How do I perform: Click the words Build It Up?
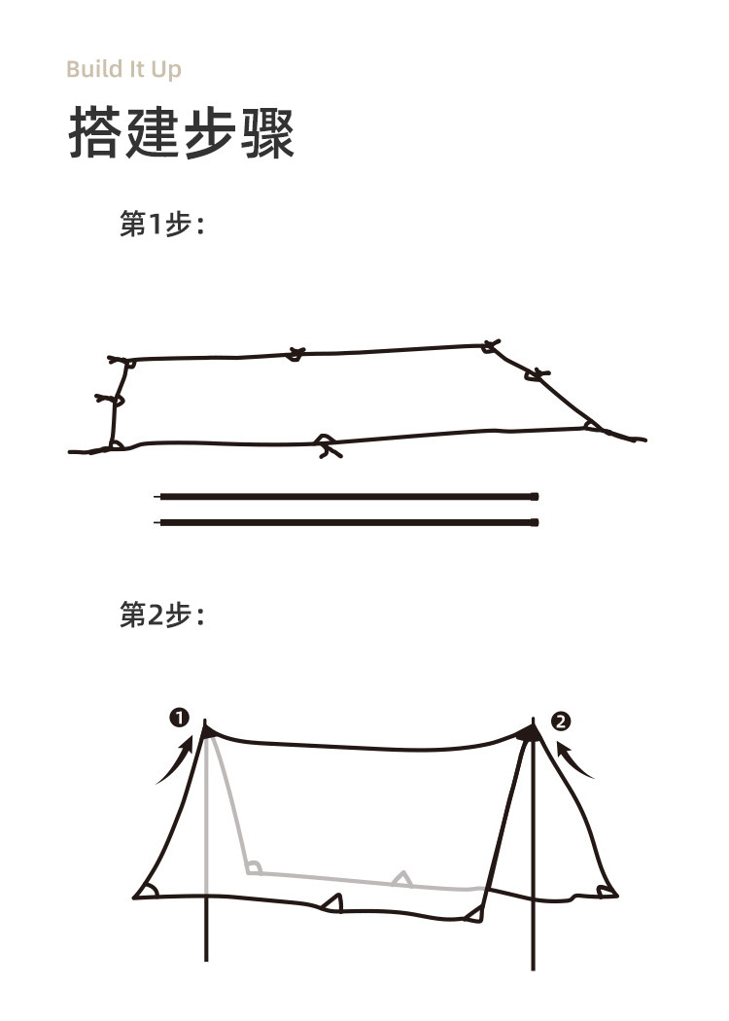[x=123, y=70]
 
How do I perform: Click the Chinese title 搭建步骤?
[x=181, y=135]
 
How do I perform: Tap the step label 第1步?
[x=160, y=225]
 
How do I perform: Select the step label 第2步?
[x=160, y=615]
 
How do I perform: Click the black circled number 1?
[x=178, y=719]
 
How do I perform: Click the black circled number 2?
[x=561, y=722]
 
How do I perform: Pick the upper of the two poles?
[x=348, y=497]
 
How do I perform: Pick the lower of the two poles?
[x=348, y=522]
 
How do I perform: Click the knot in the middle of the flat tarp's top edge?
[x=295, y=355]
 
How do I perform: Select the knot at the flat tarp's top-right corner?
[x=490, y=345]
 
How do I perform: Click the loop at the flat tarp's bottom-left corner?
[x=116, y=445]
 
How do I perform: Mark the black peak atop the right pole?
[x=531, y=732]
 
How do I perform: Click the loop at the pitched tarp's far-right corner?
[x=607, y=891]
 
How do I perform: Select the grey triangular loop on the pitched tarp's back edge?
[x=400, y=878]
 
